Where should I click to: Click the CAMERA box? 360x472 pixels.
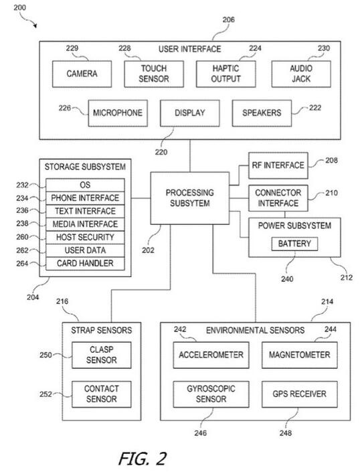point(82,74)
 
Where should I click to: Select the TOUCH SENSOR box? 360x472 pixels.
point(154,74)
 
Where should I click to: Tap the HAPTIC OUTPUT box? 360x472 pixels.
point(226,74)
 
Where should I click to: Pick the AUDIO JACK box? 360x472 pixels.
point(301,74)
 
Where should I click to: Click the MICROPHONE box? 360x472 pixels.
point(118,113)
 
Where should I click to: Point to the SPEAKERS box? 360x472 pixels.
point(262,113)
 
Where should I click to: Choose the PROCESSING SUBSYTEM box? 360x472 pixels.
point(190,198)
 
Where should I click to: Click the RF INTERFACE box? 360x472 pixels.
point(278,165)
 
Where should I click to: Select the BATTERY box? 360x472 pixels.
point(294,244)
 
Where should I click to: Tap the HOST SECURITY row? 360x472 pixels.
point(85,237)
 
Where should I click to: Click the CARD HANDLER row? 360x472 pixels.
point(85,263)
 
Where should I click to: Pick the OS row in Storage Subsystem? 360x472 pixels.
point(85,185)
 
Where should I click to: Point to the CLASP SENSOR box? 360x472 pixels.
point(101,355)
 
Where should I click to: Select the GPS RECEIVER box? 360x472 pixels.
point(300,394)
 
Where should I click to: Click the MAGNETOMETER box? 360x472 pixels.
point(300,355)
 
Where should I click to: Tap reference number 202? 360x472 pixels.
point(148,250)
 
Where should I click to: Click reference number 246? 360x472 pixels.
point(200,433)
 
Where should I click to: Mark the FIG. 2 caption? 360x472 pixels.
point(143,459)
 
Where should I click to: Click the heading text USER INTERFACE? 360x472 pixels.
point(190,49)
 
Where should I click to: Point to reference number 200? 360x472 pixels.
point(19,7)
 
